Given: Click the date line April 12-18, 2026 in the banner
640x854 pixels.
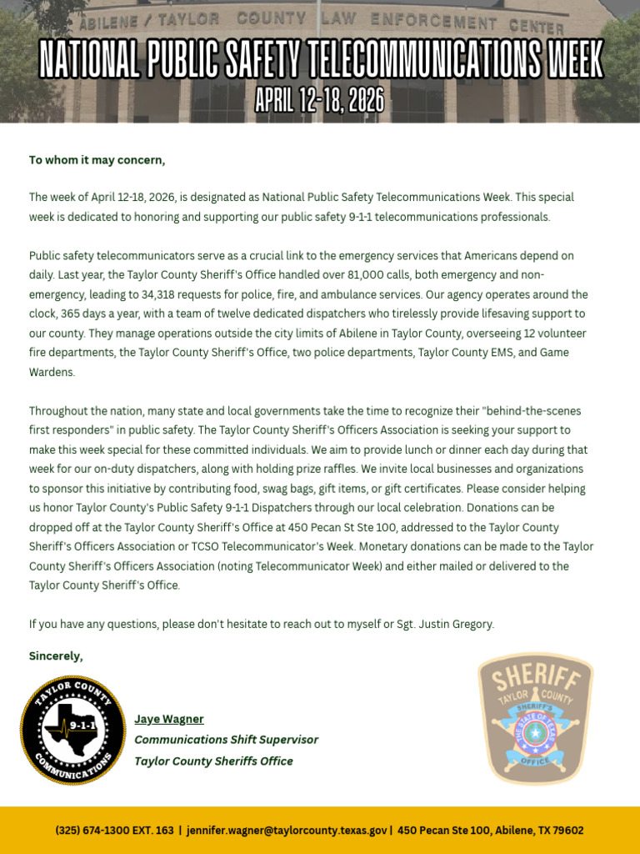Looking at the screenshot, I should pos(320,102).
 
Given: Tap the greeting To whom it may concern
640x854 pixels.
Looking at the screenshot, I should pos(97,160).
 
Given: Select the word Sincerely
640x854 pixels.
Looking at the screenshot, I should pos(56,656).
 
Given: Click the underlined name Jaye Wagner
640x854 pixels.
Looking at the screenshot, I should pos(169,719).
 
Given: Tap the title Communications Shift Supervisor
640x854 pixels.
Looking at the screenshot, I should pos(226,740).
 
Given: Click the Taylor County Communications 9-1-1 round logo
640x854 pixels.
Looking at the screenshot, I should pos(72,731).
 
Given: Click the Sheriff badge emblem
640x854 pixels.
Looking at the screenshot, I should pos(535,719).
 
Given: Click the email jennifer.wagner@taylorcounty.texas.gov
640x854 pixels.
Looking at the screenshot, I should pos(287,831).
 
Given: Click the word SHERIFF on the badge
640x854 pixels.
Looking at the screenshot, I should pos(535,677).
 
